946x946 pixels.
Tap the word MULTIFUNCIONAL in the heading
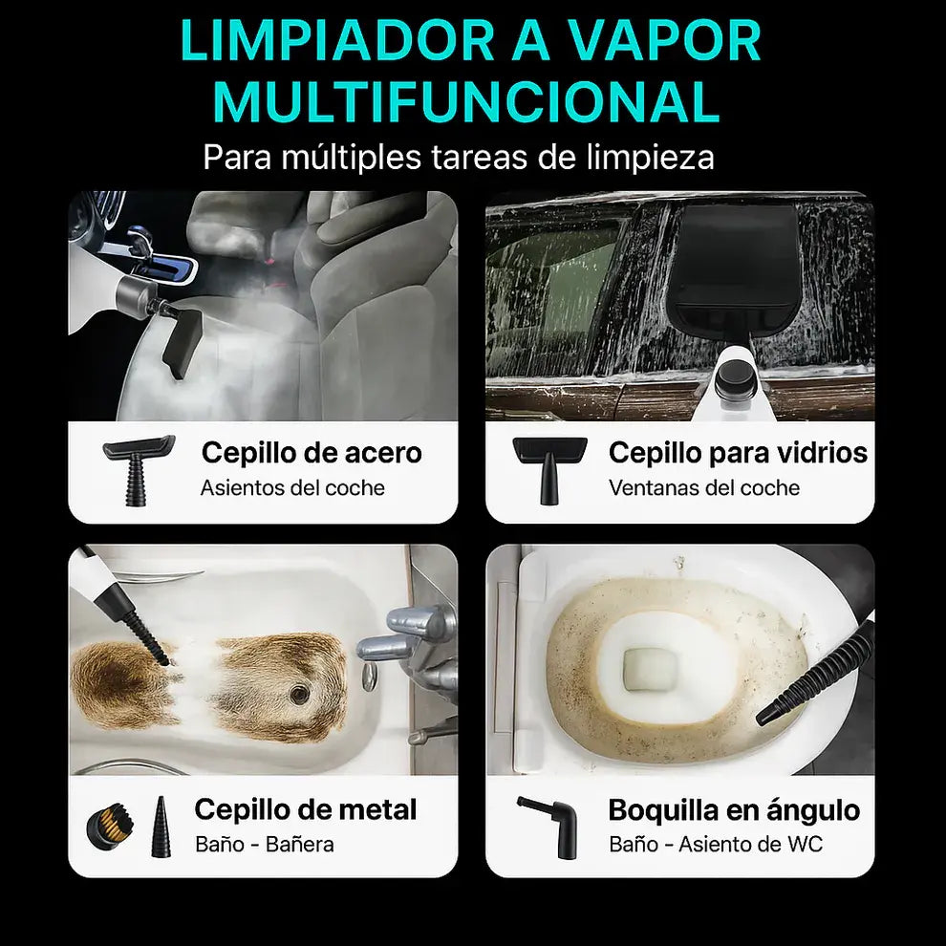coord(466,103)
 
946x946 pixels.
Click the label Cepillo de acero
coord(312,453)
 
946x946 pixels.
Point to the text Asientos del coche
coord(292,488)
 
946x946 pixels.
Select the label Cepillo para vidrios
coord(738,453)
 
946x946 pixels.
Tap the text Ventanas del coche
coord(703,488)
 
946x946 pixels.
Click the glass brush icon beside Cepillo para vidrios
coord(548,468)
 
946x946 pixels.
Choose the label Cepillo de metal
coord(306,810)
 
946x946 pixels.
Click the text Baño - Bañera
coord(265,845)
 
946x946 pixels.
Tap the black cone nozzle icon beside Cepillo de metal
coord(159,826)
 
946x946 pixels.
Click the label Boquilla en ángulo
coord(734,810)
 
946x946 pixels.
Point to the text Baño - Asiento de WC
coord(715,845)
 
